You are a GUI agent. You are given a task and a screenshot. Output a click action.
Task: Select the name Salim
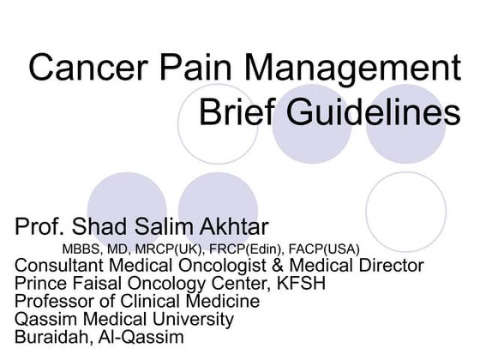coord(161,228)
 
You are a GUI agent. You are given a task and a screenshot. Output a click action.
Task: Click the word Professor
coord(54,301)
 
